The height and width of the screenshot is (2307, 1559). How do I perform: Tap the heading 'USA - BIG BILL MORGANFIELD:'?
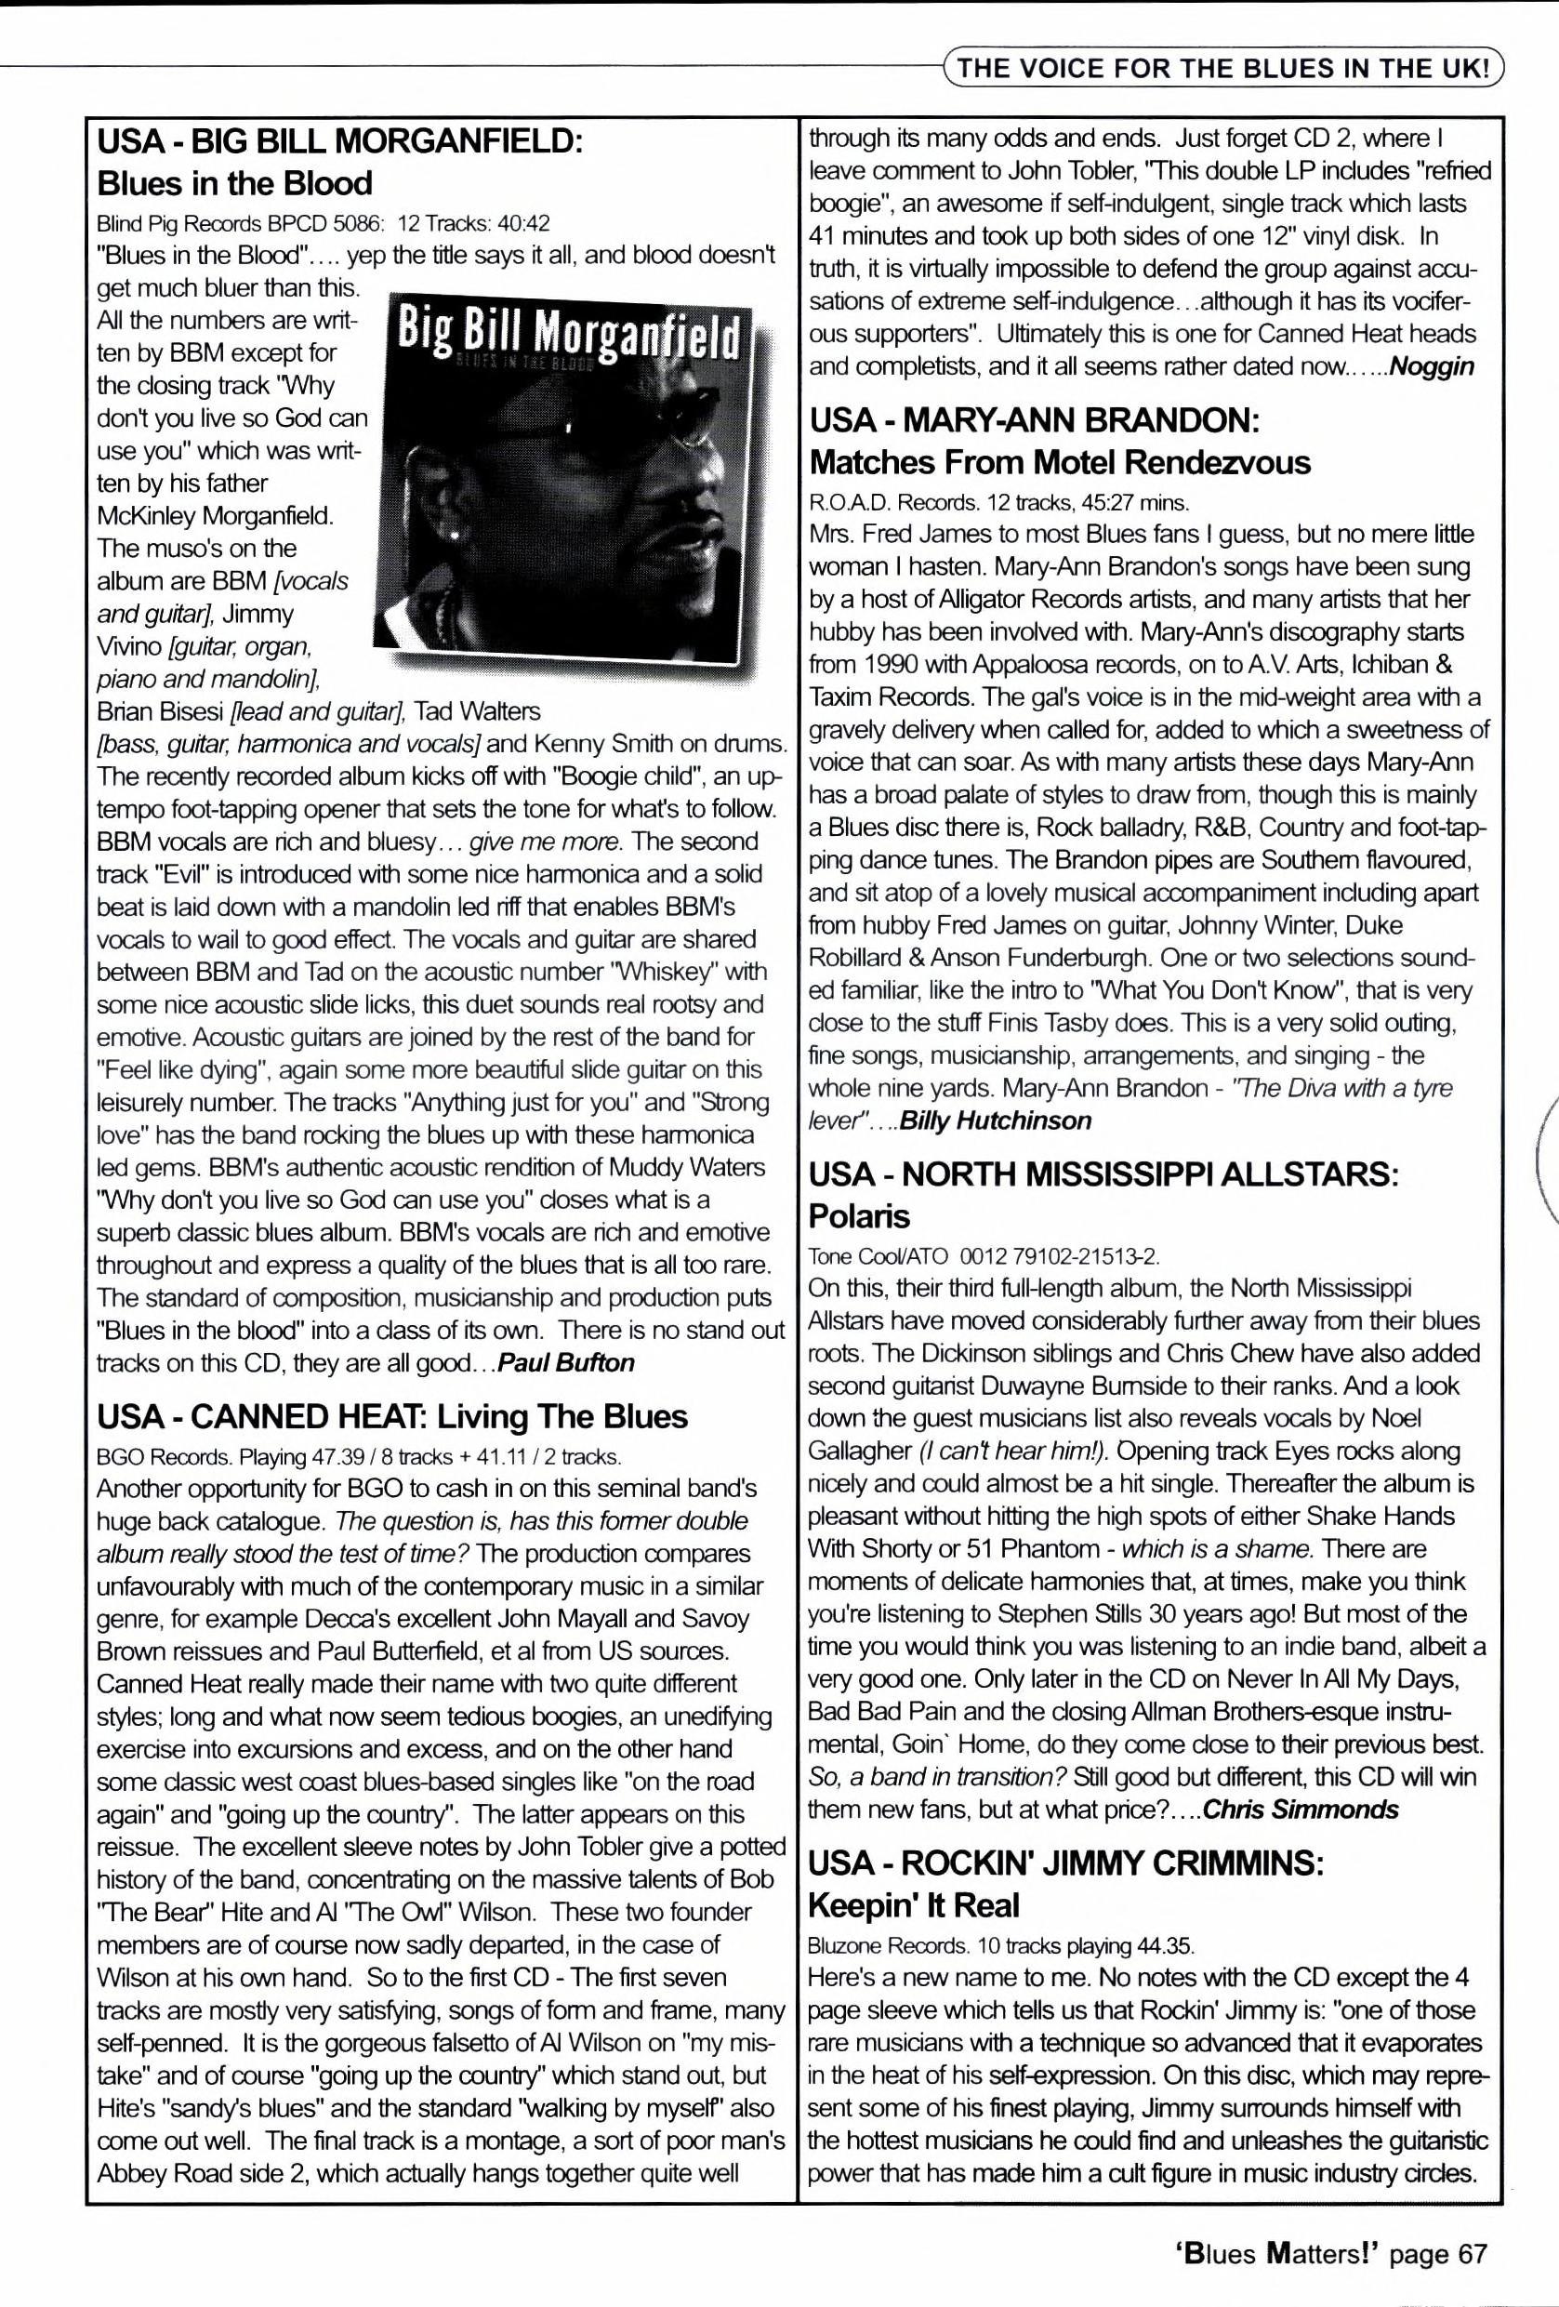[x=338, y=141]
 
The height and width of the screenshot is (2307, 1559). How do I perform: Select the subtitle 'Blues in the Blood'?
[x=234, y=183]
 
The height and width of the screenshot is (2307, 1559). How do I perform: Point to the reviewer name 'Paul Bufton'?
[x=565, y=1362]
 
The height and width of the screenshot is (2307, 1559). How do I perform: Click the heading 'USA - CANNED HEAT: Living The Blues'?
[x=392, y=1415]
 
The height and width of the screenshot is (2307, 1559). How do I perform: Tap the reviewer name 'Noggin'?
[x=1431, y=366]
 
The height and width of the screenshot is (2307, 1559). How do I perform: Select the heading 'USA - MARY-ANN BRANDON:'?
[x=1034, y=420]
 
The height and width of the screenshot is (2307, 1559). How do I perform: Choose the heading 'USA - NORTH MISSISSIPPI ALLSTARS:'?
[x=1103, y=1174]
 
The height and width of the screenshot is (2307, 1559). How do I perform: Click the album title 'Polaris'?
[x=859, y=1216]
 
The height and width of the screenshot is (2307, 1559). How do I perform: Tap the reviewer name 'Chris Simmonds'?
[x=1300, y=1809]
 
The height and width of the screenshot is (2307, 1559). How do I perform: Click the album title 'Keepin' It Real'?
[x=914, y=1906]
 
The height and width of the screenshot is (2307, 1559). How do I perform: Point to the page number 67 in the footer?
[x=1473, y=2254]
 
